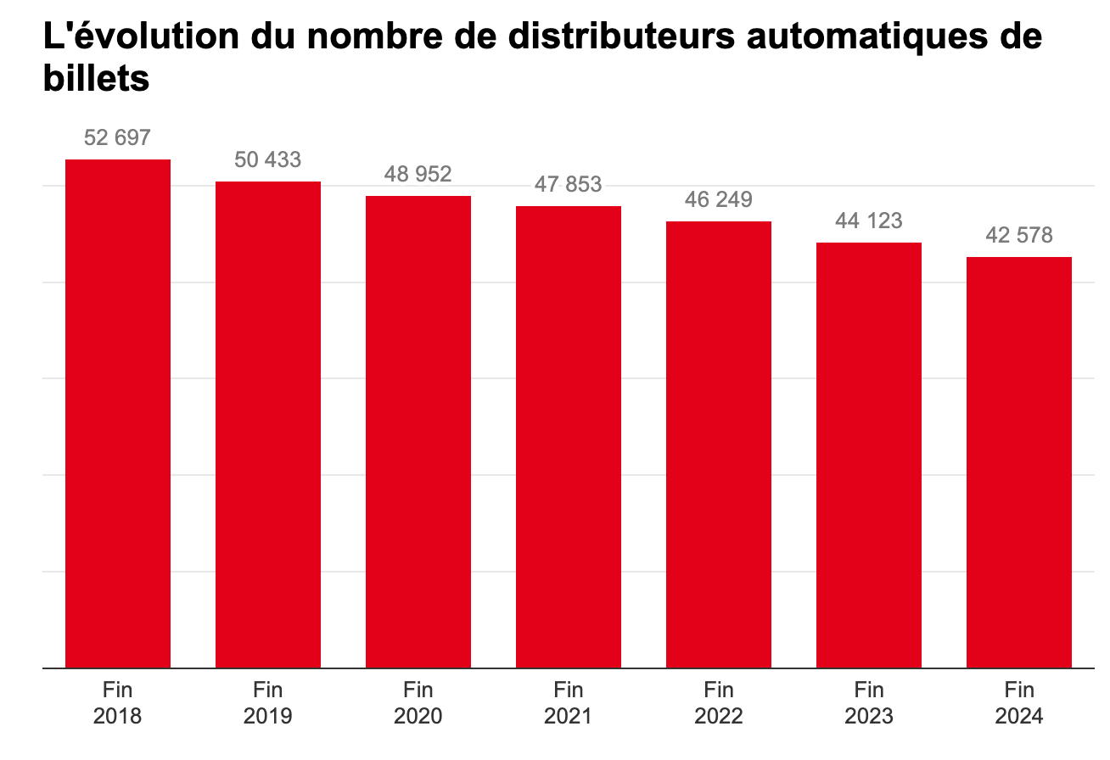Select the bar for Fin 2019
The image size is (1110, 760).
(x=268, y=424)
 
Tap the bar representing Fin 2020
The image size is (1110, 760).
(x=418, y=432)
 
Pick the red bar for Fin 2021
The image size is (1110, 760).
(x=569, y=437)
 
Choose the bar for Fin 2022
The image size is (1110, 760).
(x=719, y=444)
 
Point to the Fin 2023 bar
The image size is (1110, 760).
(x=869, y=455)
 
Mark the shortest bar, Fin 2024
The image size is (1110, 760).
(x=1019, y=462)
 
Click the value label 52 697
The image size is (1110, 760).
(x=118, y=137)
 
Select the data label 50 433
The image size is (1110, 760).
(x=268, y=159)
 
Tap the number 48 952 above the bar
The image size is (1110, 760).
(x=418, y=174)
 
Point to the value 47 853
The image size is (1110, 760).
(x=569, y=184)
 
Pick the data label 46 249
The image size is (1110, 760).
(x=719, y=199)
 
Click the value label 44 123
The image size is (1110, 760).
(x=869, y=221)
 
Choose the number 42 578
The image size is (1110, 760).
(x=1019, y=235)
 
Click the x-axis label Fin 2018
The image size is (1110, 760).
(x=118, y=702)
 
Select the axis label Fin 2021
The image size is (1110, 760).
(x=569, y=702)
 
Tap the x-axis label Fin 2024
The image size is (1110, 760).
(x=1019, y=702)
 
